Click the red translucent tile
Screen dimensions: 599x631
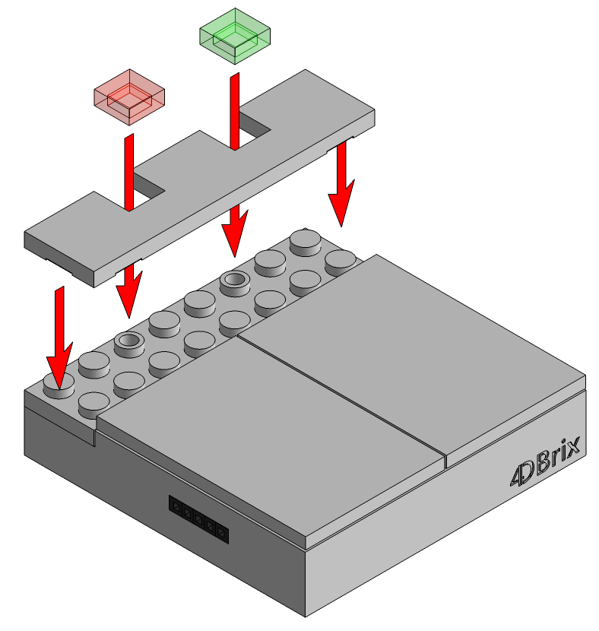coord(129,97)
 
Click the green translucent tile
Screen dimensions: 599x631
coord(235,36)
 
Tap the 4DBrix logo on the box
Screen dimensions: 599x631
coord(546,460)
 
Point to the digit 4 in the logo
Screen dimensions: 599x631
coord(518,476)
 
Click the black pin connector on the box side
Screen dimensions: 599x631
coord(198,519)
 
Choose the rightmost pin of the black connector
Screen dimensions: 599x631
coord(221,532)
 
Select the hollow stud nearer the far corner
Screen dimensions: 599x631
coord(235,283)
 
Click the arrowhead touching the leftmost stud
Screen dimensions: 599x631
coord(59,364)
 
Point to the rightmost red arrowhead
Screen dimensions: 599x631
coord(341,201)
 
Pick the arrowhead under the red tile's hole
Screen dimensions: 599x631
coord(128,293)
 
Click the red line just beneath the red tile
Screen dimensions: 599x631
coord(128,173)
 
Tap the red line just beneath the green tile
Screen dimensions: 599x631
coord(235,111)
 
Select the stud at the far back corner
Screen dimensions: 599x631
coord(306,242)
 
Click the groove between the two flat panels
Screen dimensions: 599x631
coord(342,395)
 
